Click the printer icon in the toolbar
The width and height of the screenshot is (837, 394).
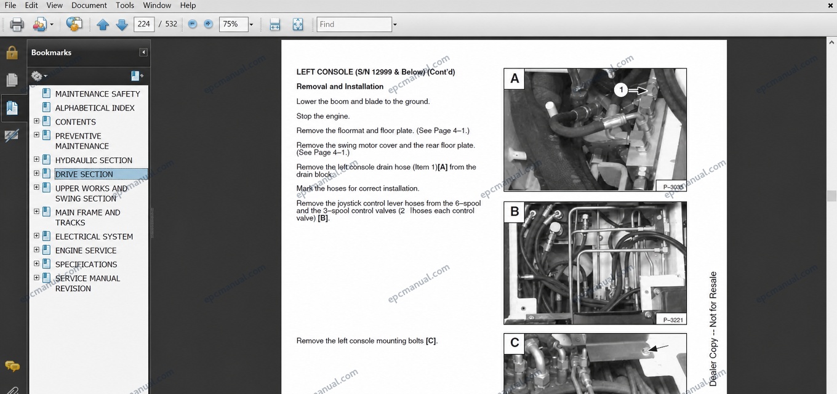17,24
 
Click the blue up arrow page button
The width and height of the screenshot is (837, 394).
103,25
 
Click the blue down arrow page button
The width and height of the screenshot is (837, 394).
122,25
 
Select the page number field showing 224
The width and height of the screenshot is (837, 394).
144,24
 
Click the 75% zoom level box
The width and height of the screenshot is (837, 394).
233,24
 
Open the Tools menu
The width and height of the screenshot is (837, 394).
125,6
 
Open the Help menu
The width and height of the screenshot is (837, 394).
188,6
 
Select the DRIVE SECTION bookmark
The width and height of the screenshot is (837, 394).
84,174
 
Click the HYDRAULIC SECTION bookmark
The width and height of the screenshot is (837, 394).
94,160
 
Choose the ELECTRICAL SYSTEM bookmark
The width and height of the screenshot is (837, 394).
94,236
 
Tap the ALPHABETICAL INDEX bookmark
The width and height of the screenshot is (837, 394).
95,108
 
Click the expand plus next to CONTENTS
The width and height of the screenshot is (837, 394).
37,121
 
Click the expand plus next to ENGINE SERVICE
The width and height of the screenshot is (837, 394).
37,250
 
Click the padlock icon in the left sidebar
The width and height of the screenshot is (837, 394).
12,53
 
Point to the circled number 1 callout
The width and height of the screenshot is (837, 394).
621,90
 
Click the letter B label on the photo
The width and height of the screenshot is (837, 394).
515,212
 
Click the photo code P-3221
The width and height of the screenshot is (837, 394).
673,320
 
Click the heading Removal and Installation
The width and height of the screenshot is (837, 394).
340,86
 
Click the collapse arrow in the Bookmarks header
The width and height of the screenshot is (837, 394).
143,52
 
